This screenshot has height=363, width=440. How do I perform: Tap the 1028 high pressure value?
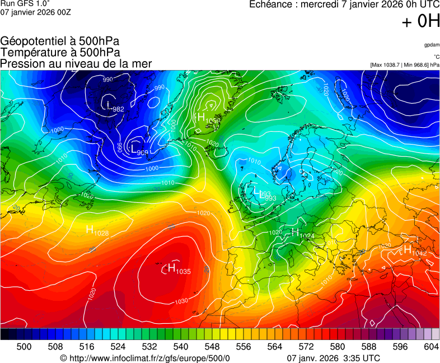tap(101, 232)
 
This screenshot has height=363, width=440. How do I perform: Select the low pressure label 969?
tap(142, 152)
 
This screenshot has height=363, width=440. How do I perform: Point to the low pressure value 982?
tap(118, 109)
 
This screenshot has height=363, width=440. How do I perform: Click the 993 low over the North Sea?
tap(270, 198)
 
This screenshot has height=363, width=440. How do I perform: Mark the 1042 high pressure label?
tap(419, 253)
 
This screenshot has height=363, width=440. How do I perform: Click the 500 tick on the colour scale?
tap(24, 347)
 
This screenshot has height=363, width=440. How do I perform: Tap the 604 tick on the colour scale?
tap(431, 347)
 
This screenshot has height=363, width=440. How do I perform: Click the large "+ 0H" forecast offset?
tap(420, 21)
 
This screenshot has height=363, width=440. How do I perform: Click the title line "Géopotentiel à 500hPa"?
tap(60, 41)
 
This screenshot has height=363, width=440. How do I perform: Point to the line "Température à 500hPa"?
tap(60, 52)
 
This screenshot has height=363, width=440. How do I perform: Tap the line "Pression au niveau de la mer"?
tap(76, 63)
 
